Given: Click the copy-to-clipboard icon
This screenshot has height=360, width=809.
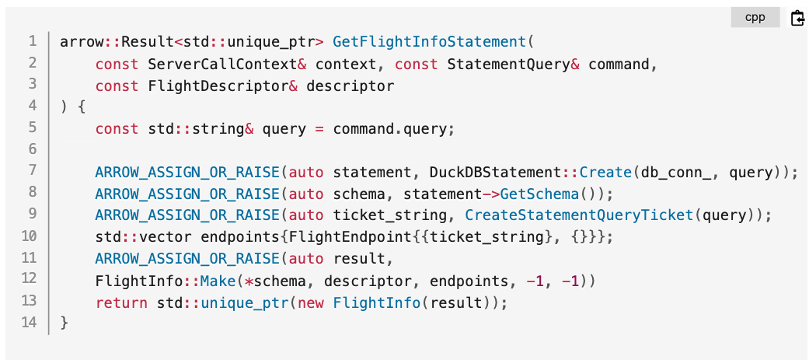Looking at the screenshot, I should pos(797,18).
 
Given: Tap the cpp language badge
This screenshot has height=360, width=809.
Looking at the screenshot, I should pos(755,18).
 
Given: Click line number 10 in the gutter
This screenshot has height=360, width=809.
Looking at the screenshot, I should pos(29,237).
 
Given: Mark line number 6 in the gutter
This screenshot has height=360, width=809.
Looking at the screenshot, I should pos(32,150).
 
